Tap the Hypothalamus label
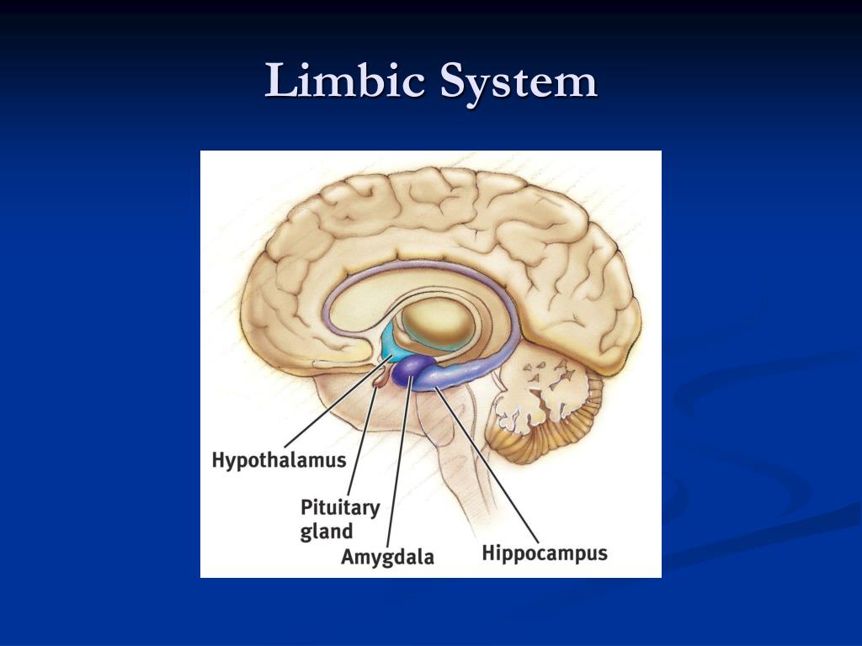279,460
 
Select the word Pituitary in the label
340,508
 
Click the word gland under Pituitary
327,532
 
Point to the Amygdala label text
387,556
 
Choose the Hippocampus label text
545,553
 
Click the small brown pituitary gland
380,381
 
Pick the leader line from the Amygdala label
398,463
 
